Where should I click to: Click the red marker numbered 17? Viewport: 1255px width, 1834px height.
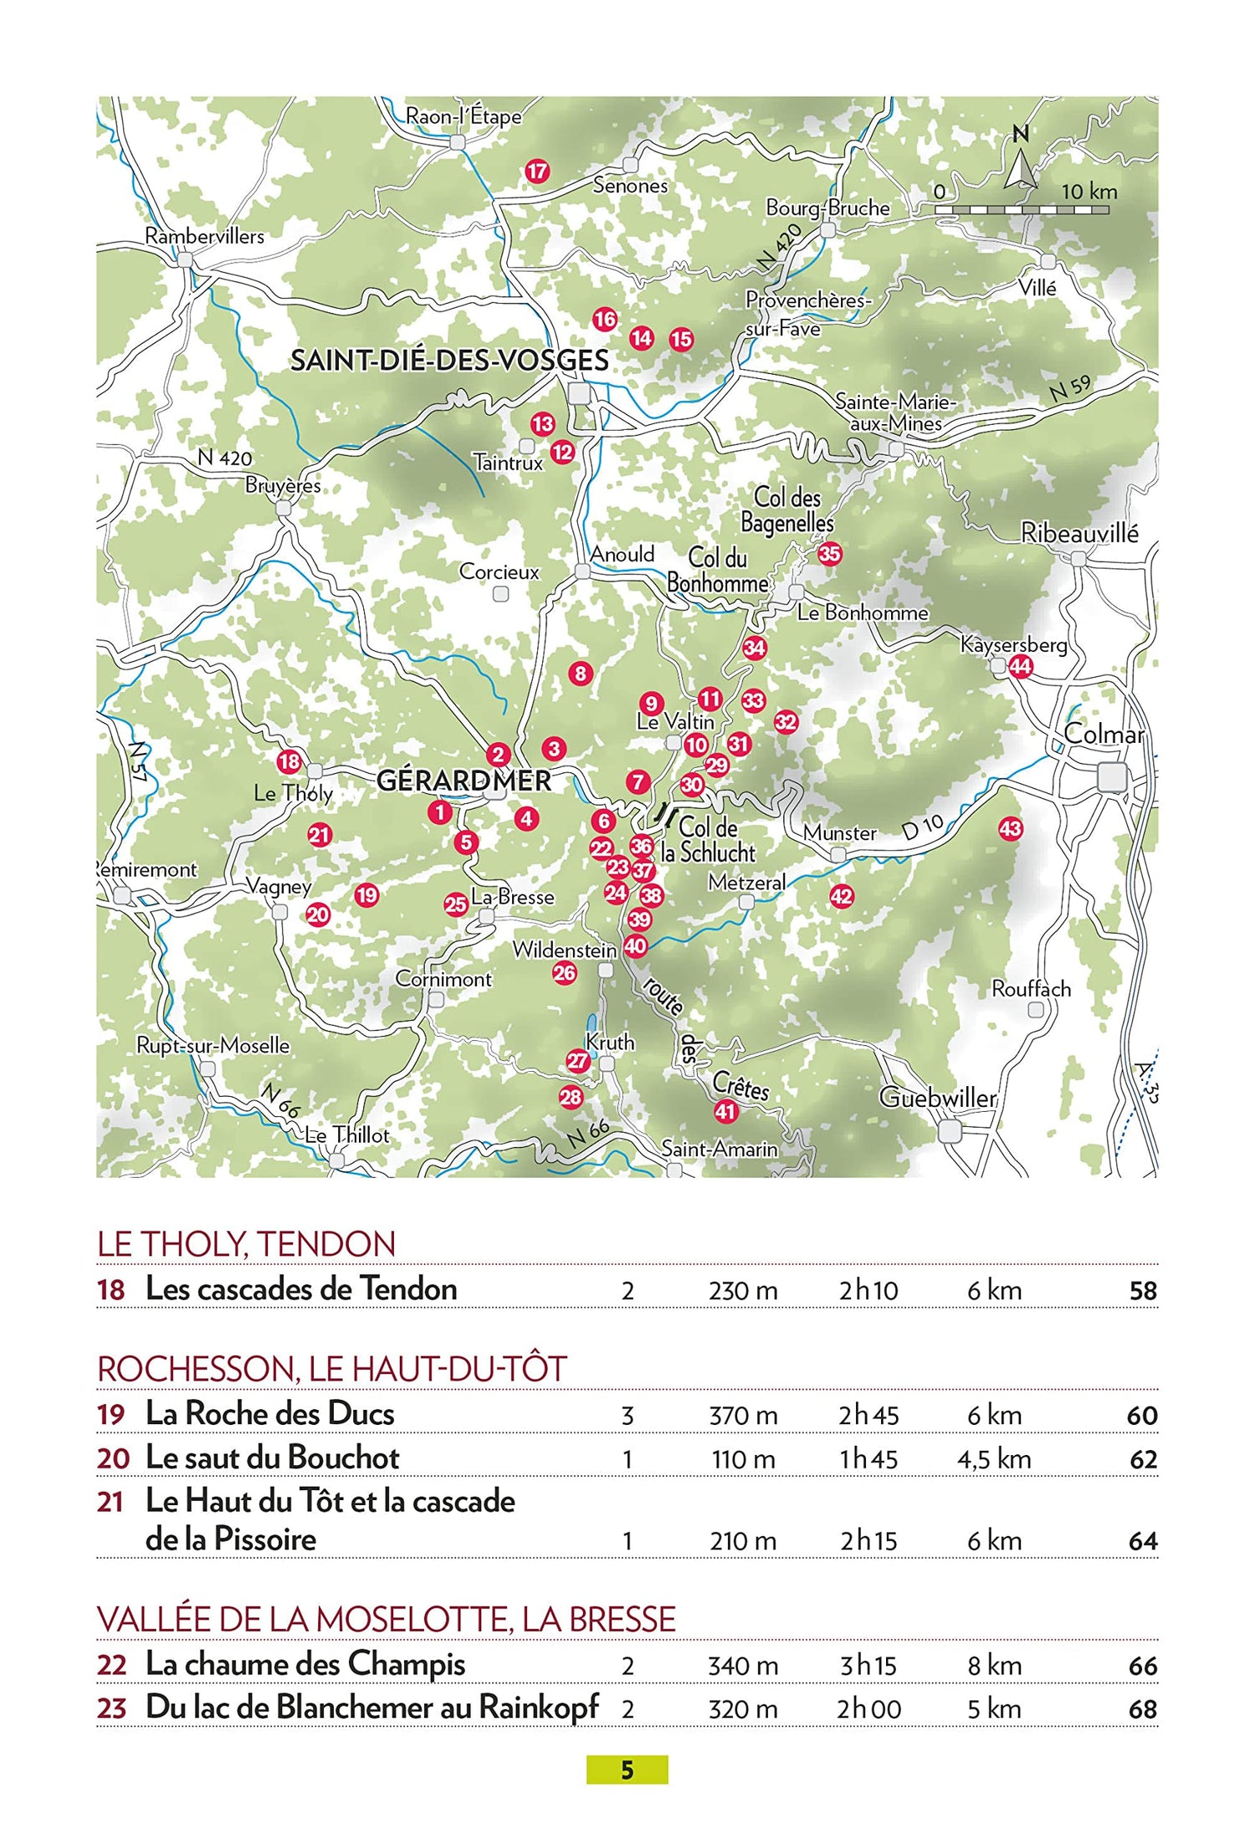tap(537, 172)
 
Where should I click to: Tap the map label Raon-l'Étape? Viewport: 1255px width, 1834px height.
tap(463, 116)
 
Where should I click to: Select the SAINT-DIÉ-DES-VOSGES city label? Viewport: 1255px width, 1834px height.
tap(449, 361)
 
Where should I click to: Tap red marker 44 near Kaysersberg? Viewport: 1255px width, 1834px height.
tap(1020, 667)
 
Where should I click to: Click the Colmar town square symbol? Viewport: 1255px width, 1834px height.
tap(1112, 777)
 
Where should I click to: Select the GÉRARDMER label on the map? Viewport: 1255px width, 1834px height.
tap(464, 781)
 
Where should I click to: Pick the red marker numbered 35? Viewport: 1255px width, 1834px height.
tap(829, 553)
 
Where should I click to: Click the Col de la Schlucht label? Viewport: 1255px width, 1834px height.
tap(708, 840)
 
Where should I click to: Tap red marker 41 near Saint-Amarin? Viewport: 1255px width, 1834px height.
tap(725, 1111)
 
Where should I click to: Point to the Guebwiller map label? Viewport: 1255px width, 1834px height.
tap(938, 1098)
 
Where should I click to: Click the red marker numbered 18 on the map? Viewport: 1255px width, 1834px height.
tap(289, 761)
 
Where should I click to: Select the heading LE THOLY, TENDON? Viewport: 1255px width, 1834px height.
tap(246, 1244)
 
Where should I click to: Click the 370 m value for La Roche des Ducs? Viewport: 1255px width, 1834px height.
tap(743, 1416)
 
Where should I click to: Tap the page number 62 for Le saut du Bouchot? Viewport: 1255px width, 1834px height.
tap(1143, 1459)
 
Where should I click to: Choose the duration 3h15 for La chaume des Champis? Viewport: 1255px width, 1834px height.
tap(868, 1665)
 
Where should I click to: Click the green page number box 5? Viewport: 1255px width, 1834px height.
tap(627, 1770)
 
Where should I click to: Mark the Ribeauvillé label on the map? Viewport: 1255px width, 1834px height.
tap(1079, 533)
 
